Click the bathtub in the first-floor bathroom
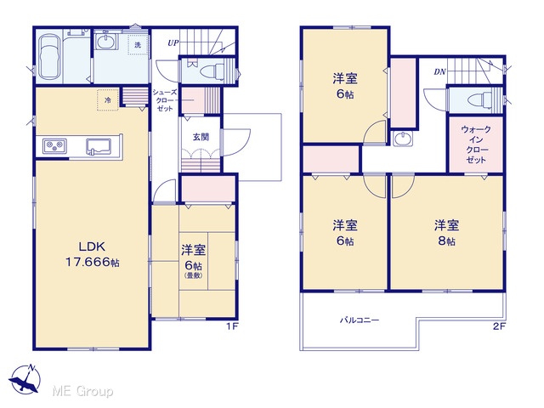tap(48, 57)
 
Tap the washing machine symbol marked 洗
tap(138, 45)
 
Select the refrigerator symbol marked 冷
tap(108, 100)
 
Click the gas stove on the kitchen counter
tap(54, 145)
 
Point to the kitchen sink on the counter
tap(99, 145)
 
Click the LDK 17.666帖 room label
tap(93, 254)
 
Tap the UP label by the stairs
tap(173, 43)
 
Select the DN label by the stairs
tap(439, 72)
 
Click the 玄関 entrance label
tap(201, 137)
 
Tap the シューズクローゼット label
tap(165, 100)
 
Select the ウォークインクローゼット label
tap(476, 144)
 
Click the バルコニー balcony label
tap(359, 320)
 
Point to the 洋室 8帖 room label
tap(446, 232)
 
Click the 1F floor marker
tap(232, 326)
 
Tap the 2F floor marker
tap(500, 326)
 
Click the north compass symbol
tap(25, 378)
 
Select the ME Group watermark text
tap(82, 391)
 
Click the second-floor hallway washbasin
tap(403, 139)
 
